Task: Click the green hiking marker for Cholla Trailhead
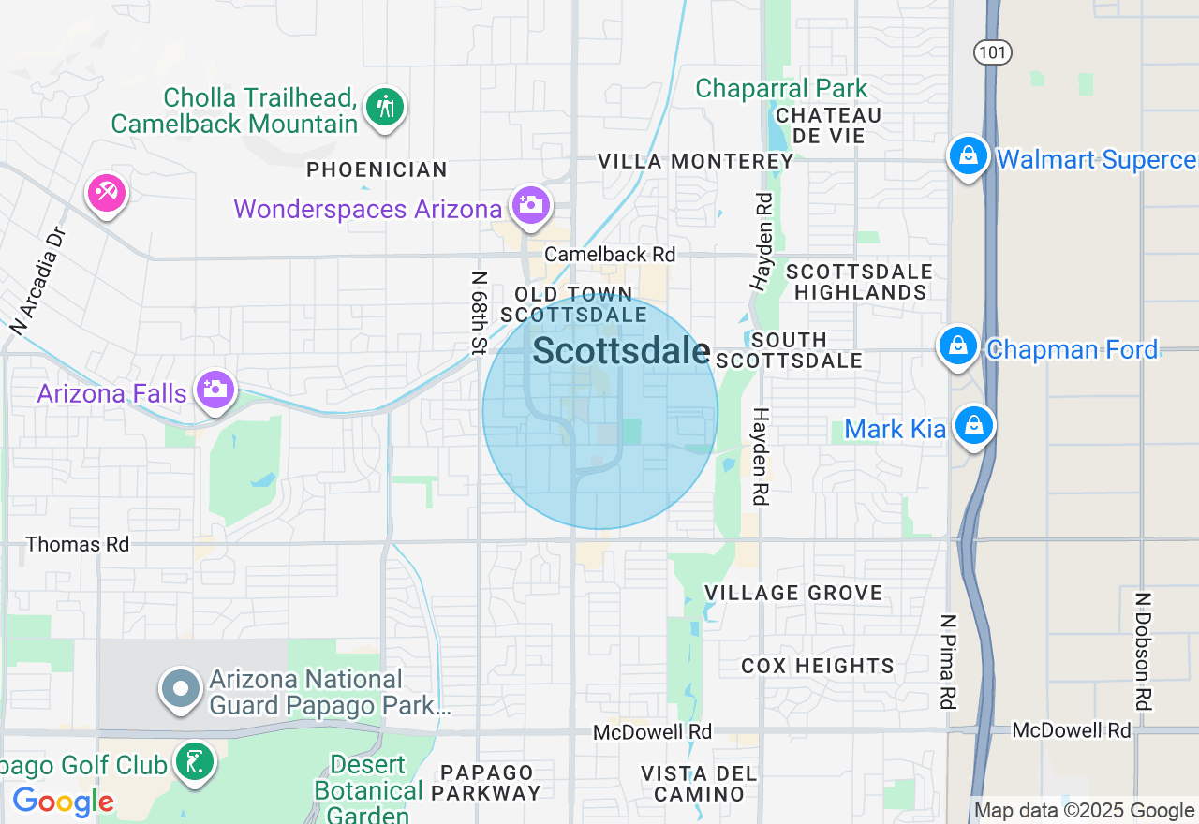tap(385, 106)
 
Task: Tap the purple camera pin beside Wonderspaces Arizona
tap(530, 204)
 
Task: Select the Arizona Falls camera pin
tap(215, 389)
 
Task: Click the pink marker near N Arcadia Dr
tap(106, 194)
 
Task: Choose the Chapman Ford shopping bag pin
tap(958, 346)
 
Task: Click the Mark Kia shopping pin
tap(974, 426)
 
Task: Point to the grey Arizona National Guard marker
tap(181, 689)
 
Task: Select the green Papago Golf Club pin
tap(194, 761)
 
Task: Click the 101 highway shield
tap(992, 52)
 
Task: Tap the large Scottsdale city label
tap(621, 352)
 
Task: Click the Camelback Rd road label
tap(610, 255)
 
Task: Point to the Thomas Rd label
tap(78, 544)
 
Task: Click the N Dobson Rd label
tap(1142, 651)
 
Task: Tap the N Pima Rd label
tap(949, 661)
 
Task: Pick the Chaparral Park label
tap(782, 89)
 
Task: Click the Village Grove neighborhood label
tap(792, 593)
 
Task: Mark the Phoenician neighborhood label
tap(377, 169)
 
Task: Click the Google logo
tap(63, 802)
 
